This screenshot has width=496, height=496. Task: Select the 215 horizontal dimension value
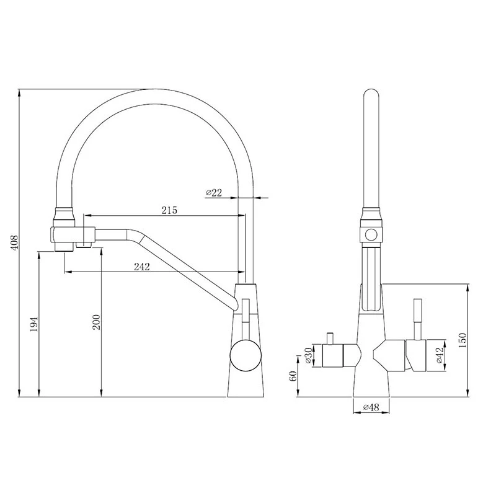(169, 210)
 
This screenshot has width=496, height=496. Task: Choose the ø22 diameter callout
(214, 193)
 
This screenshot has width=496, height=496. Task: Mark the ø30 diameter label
(309, 356)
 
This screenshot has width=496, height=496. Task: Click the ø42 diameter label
(438, 356)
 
